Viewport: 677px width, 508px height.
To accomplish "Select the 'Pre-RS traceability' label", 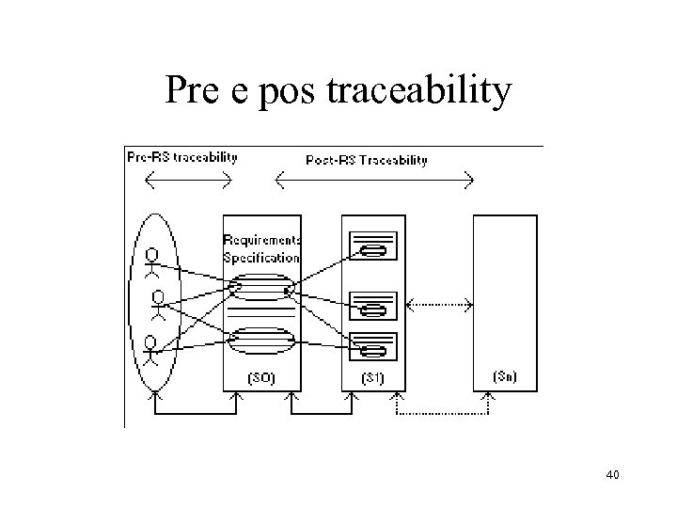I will (182, 157).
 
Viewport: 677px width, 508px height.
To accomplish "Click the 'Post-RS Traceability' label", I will (367, 160).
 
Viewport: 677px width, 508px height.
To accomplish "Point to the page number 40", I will (612, 476).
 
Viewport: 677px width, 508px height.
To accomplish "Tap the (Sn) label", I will (504, 377).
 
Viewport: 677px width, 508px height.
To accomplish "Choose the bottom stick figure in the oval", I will (150, 350).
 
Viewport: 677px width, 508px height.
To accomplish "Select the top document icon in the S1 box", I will (374, 248).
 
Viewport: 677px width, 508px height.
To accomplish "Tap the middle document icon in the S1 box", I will (374, 308).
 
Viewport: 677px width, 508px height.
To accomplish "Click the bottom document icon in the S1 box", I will (374, 350).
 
